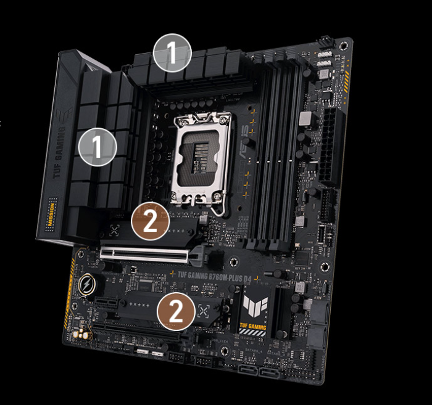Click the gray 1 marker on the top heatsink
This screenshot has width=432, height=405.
pyautogui.click(x=173, y=53)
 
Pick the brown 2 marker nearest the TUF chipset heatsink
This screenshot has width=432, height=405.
pyautogui.click(x=176, y=313)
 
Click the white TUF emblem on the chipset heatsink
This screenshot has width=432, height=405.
pyautogui.click(x=254, y=303)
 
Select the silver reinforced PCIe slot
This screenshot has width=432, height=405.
pyautogui.click(x=149, y=253)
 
